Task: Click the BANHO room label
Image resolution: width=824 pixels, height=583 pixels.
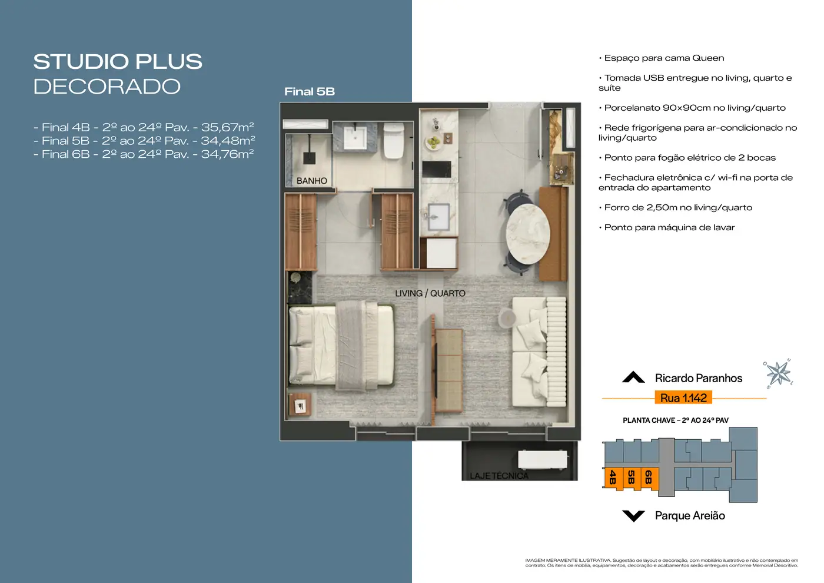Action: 311,181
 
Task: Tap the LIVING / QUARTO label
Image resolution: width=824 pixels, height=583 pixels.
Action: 430,293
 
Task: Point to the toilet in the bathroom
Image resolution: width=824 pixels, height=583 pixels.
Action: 394,141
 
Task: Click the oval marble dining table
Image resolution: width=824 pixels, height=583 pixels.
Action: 528,234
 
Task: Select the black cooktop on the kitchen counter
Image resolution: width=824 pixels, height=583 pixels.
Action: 437,170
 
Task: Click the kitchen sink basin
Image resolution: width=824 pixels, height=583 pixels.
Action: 438,217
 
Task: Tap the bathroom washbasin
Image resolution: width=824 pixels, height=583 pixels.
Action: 355,137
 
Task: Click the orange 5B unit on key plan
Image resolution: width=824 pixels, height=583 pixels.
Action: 632,479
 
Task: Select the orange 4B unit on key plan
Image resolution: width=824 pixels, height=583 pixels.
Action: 613,478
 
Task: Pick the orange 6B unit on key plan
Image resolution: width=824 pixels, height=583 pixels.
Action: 649,478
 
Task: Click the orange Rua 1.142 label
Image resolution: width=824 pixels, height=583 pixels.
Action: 683,398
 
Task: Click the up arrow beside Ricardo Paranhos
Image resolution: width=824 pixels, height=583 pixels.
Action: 633,377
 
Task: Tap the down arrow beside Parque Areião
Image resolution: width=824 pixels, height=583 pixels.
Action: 633,516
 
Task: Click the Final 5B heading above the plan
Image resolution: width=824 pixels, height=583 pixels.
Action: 310,92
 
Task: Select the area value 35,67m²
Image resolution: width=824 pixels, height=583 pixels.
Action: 227,127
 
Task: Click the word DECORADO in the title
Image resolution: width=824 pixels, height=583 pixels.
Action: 107,87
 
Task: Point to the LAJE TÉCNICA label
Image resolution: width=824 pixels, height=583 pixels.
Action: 499,476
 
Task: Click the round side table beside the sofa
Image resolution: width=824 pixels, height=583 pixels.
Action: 507,319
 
